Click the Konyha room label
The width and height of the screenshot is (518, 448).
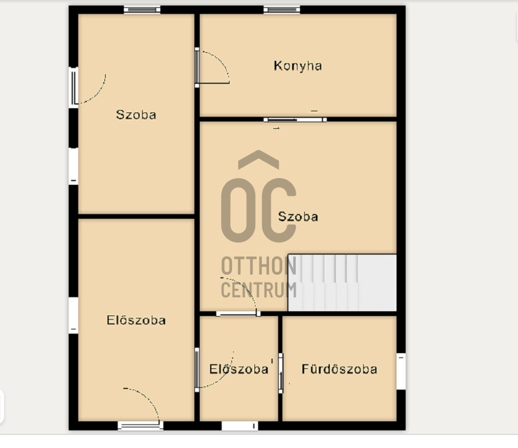point(298,66)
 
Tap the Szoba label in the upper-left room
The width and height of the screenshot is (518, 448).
point(136,115)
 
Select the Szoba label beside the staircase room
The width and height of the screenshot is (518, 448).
point(298,216)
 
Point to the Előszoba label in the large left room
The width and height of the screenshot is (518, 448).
point(136,320)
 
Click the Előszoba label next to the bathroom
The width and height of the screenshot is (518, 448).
point(239,369)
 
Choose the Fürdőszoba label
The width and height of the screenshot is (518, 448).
point(339,369)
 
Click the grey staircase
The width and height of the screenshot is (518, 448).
point(342,283)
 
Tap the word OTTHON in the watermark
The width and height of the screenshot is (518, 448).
point(259,266)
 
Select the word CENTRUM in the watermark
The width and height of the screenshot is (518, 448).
point(259,290)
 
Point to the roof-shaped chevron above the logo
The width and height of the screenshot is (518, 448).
point(259,159)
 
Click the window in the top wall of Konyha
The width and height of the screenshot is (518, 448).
point(282,10)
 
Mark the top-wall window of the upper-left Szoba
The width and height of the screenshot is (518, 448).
point(142,10)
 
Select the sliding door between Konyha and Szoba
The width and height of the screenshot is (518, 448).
point(295,119)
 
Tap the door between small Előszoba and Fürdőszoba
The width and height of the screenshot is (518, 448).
point(281,373)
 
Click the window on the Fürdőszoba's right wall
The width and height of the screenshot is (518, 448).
point(401,371)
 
